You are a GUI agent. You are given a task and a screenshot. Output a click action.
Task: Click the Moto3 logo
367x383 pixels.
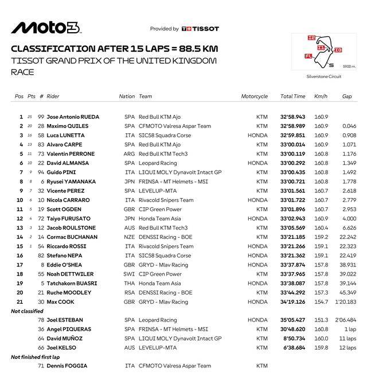click(46, 28)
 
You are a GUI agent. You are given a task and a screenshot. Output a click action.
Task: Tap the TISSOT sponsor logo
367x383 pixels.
click(200, 29)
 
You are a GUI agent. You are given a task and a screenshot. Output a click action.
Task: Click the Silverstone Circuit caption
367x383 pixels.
click(323, 76)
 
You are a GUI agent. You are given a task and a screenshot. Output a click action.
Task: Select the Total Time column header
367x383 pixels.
click(292, 96)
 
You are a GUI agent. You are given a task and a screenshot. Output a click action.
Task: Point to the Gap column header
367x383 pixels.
click(347, 96)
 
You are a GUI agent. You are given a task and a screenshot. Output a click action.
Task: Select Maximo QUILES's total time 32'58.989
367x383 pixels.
click(292, 126)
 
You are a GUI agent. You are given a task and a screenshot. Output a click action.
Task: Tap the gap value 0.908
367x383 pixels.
click(349, 136)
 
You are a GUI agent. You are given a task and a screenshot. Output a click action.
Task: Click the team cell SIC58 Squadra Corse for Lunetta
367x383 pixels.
click(165, 136)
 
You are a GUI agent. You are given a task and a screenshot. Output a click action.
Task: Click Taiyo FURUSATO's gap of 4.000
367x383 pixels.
click(349, 219)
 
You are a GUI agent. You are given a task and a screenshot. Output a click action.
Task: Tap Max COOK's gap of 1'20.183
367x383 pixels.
click(346, 301)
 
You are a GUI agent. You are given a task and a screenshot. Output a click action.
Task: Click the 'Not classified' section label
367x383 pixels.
click(27, 311)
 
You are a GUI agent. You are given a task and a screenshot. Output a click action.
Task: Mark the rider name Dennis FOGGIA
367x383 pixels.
click(67, 366)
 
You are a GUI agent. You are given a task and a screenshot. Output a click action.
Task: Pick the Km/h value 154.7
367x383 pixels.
click(321, 301)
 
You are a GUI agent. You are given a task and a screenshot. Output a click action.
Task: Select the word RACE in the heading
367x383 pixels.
click(22, 72)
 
